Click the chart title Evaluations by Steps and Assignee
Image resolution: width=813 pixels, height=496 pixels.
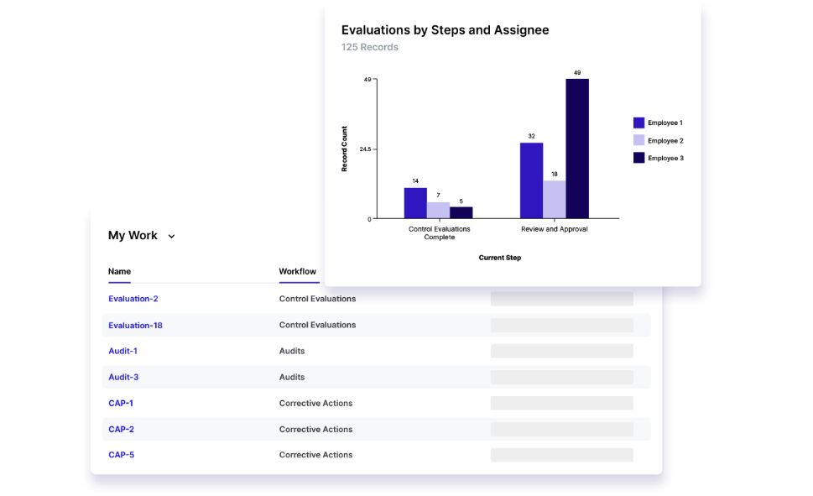pos(445,30)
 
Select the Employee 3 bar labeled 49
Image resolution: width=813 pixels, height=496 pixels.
pos(577,149)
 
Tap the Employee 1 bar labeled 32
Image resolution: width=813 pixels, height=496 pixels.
pos(531,180)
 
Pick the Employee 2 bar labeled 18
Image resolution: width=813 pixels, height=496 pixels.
pos(554,199)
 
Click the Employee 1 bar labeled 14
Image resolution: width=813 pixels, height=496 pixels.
pos(415,202)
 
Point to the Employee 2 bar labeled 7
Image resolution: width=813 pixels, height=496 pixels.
pos(438,210)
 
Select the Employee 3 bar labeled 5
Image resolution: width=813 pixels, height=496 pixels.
pos(461,212)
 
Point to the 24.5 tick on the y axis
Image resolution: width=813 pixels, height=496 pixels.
pos(365,149)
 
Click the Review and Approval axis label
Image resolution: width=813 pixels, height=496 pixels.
pos(554,229)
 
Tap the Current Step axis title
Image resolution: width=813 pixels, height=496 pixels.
pos(499,258)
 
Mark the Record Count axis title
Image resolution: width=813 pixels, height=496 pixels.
pos(344,149)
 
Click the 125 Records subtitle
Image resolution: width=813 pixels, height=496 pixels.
pos(369,47)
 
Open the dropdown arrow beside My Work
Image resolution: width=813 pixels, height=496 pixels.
pos(171,237)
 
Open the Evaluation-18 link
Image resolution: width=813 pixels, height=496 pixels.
pos(135,325)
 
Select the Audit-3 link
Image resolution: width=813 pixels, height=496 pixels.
pos(123,377)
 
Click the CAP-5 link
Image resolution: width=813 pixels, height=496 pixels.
pos(121,455)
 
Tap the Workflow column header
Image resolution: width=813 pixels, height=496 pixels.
pos(298,271)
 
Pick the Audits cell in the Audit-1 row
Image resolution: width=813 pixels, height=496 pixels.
pos(292,351)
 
